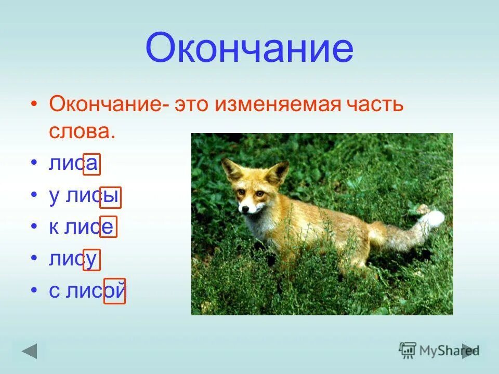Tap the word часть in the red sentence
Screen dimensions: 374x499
pos(375,105)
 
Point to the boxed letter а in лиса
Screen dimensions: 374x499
pos(91,164)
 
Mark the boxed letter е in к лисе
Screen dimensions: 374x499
pos(108,228)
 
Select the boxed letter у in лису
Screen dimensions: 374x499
pos(91,259)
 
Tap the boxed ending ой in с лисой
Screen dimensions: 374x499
pos(115,291)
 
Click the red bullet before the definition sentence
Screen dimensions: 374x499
pos(34,105)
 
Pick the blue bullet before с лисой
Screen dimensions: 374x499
pos(34,291)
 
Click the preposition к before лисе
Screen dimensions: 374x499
pos(54,228)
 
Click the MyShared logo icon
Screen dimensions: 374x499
pos(408,350)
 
